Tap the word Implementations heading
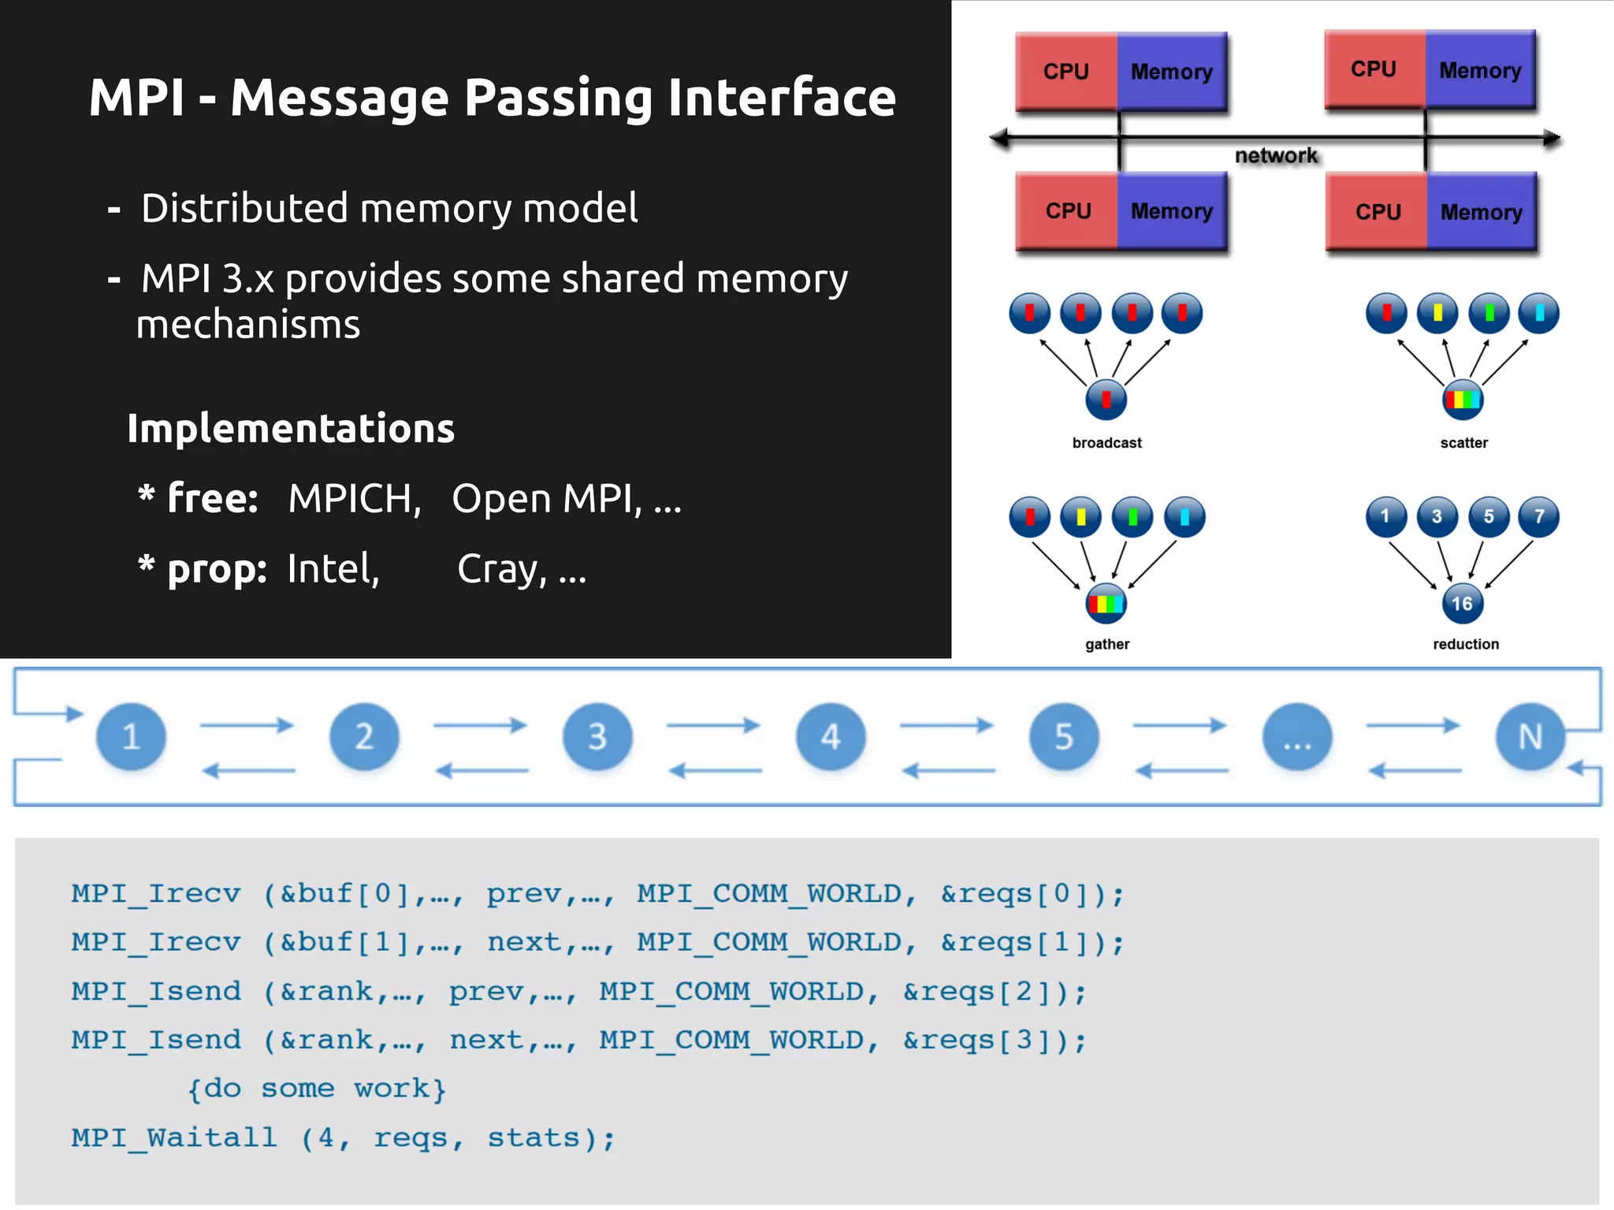(291, 429)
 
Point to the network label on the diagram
(1275, 155)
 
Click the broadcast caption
(1106, 443)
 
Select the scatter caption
(1463, 443)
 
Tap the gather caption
(1106, 644)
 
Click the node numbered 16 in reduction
(1462, 604)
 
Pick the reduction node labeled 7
(1538, 517)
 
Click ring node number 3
(597, 737)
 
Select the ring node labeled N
(1530, 737)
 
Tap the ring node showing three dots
(1297, 737)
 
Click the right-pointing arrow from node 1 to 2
(247, 724)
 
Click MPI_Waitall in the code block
(174, 1137)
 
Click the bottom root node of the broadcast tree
(1106, 400)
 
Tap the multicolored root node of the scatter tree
(1462, 400)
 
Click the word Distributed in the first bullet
(244, 209)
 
